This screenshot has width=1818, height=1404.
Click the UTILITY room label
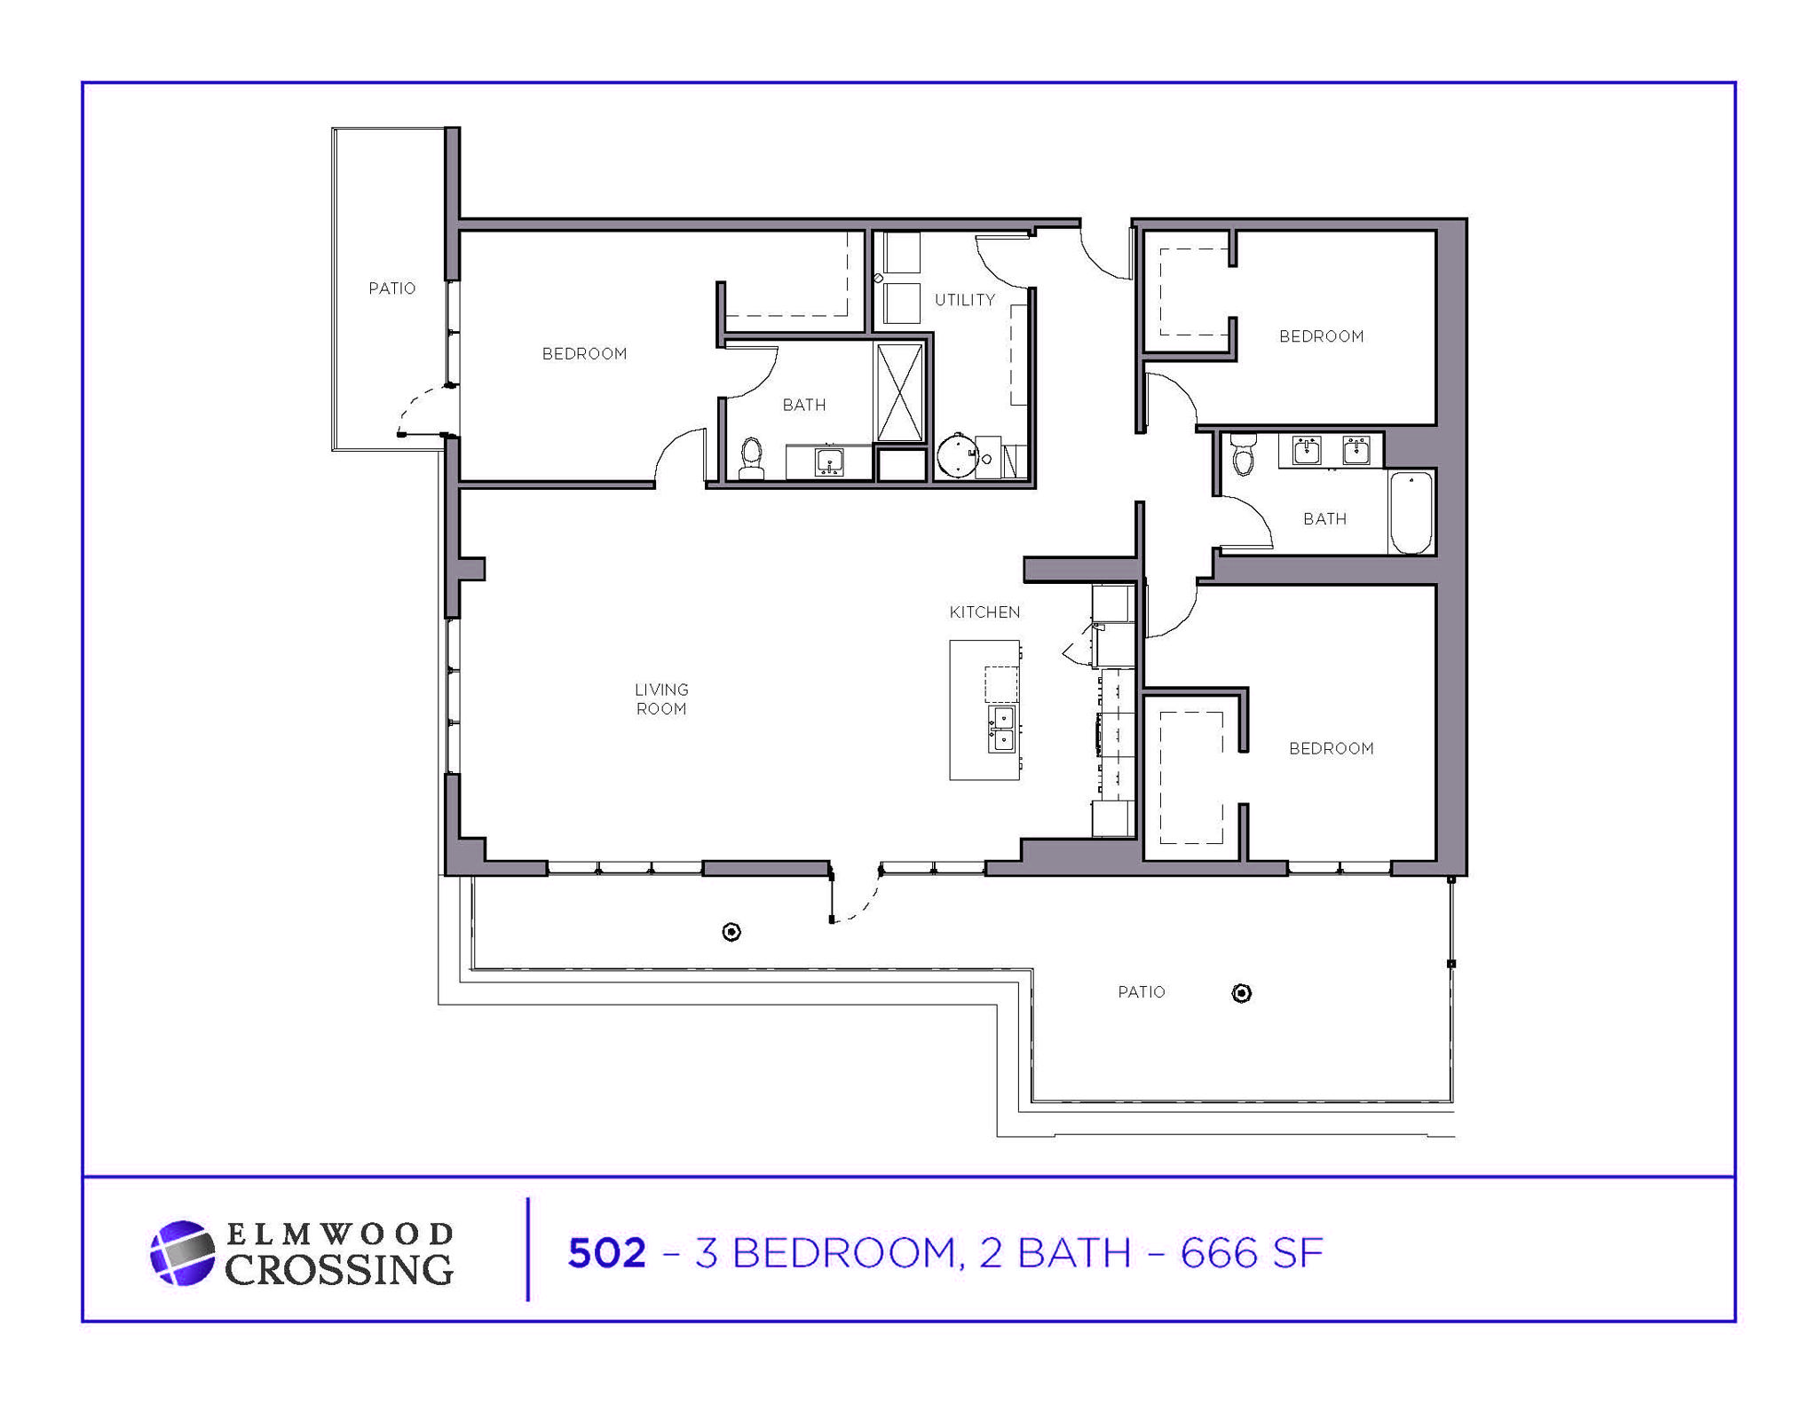tap(964, 300)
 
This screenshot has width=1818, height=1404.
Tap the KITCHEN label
tap(984, 612)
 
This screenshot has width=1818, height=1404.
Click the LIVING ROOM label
tap(661, 699)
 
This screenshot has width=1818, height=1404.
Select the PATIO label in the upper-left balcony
tap(391, 288)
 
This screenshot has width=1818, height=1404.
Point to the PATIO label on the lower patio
tap(1141, 992)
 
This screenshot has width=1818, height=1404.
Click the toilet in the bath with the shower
tap(752, 456)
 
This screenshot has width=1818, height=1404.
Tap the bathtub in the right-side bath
tap(1411, 512)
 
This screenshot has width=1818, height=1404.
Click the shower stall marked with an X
tap(899, 392)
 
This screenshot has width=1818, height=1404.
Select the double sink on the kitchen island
tap(1001, 729)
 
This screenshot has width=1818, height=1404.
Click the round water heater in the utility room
tap(956, 456)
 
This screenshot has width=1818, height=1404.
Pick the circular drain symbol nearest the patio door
tap(731, 932)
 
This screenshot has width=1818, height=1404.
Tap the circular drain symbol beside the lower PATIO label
tap(1242, 993)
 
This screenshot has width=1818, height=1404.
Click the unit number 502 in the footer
tap(606, 1253)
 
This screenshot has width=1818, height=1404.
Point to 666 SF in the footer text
tap(1251, 1253)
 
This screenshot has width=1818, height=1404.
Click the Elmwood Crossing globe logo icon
tap(182, 1253)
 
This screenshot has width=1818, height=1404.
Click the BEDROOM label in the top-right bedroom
tap(1321, 336)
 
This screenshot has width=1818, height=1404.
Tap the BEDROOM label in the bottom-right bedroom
tap(1331, 749)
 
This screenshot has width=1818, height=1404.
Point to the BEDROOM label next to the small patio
tap(584, 354)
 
